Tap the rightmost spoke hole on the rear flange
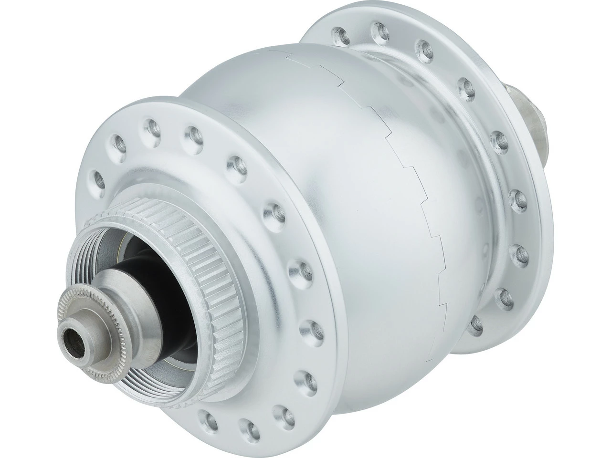coord(518,195)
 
